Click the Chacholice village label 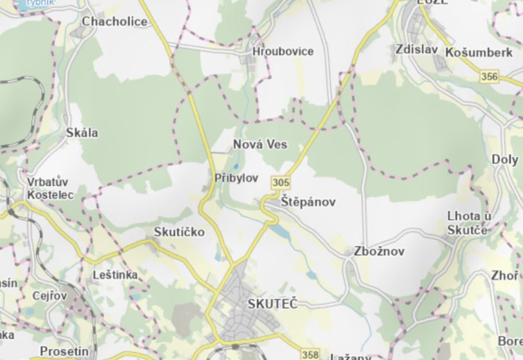[114, 21]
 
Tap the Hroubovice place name [283, 51]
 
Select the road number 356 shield [490, 77]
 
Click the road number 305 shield [281, 183]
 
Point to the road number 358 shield [310, 355]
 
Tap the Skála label [82, 133]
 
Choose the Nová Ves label [260, 144]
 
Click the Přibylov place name [236, 178]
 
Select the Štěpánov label [308, 202]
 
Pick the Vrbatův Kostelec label [50, 189]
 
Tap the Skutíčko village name [179, 232]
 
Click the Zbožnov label [379, 252]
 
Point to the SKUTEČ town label [273, 304]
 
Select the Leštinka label [115, 275]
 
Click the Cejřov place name [50, 296]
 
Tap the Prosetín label [64, 351]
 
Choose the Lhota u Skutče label [469, 223]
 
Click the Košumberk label [478, 53]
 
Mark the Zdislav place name [417, 49]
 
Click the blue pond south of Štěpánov [280, 231]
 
